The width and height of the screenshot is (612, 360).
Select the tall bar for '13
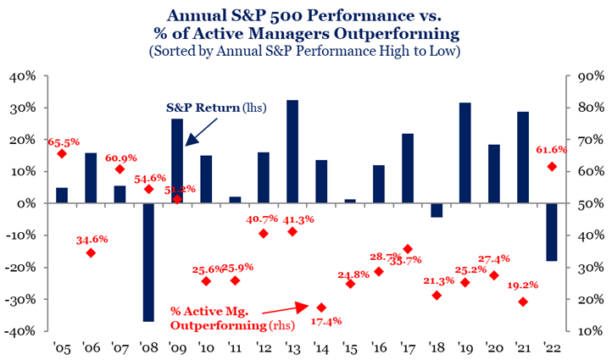[292, 152]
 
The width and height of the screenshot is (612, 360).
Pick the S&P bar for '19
[465, 152]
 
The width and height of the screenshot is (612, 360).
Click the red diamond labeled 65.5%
[62, 153]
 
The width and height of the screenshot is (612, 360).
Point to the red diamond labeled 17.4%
[321, 307]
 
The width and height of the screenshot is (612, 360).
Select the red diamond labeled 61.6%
[552, 166]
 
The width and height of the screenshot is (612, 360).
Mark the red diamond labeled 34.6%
[91, 252]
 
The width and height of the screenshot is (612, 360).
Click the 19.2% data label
[526, 286]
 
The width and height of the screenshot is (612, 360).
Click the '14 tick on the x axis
[321, 347]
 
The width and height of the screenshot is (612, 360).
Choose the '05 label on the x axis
[62, 347]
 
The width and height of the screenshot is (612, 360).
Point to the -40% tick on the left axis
[25, 331]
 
